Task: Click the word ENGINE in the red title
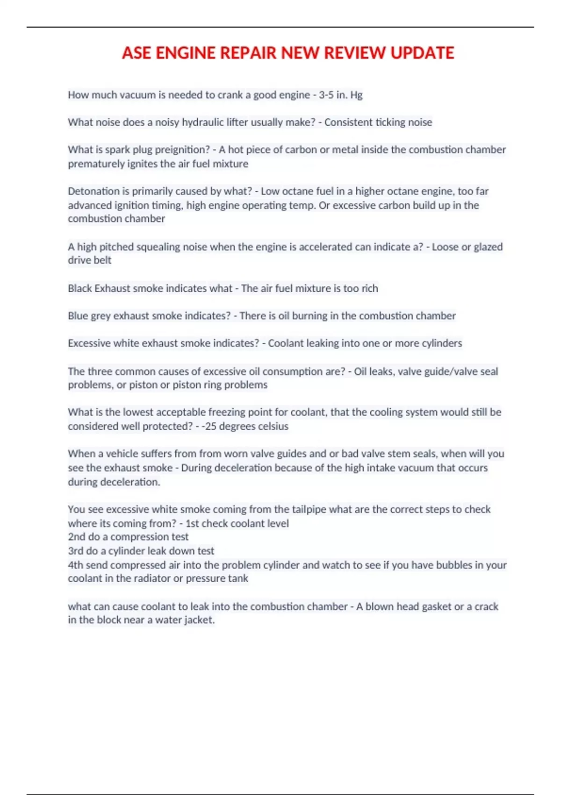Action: (x=186, y=53)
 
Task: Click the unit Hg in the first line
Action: (x=356, y=95)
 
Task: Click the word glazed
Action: (x=488, y=247)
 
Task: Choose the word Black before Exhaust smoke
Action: (x=79, y=289)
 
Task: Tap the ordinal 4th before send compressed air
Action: (x=76, y=565)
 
